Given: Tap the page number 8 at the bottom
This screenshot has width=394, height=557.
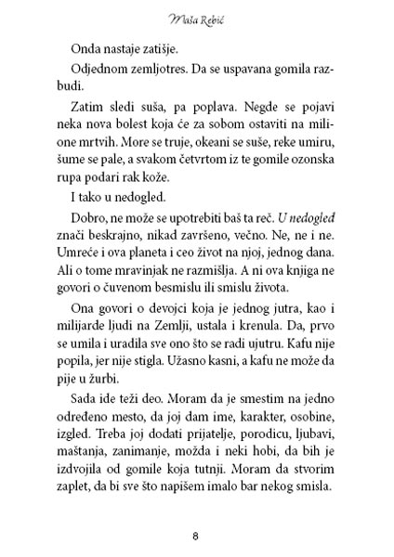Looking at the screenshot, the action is [196, 536].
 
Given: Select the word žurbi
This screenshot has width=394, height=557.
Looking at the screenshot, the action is [111, 444].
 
